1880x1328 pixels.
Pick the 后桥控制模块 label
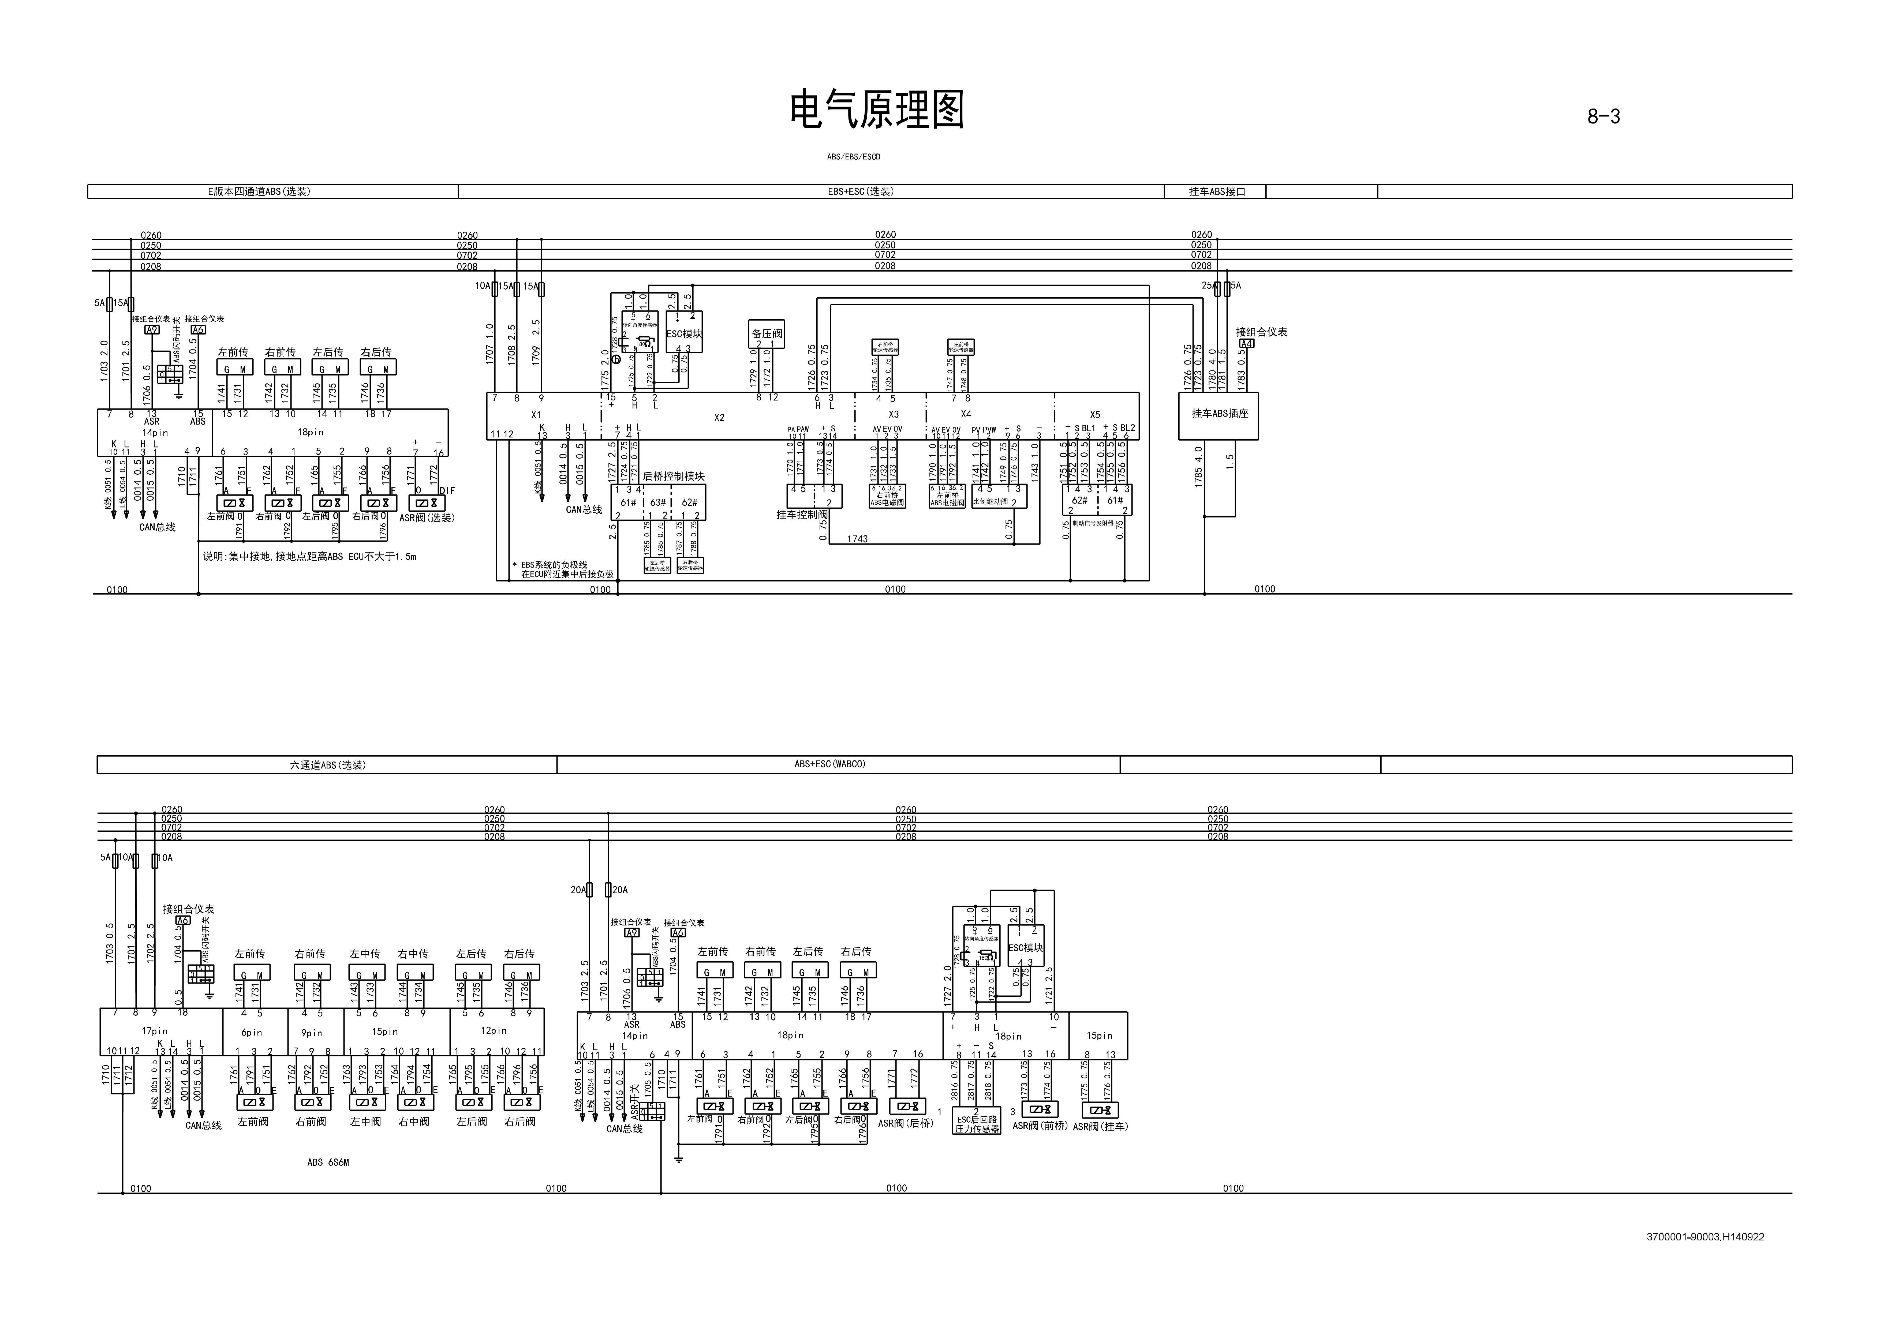[x=673, y=477]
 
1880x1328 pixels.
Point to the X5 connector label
[x=1095, y=415]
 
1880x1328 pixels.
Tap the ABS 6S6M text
[x=327, y=1162]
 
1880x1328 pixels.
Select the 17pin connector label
[x=155, y=1031]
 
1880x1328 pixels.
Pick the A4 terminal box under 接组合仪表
[x=1245, y=344]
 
